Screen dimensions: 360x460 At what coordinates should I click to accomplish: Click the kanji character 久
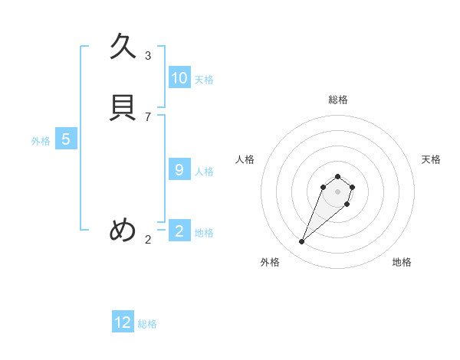tap(123, 47)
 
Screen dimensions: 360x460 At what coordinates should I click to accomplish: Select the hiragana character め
tap(123, 230)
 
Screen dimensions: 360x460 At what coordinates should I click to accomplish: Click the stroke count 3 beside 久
tap(148, 55)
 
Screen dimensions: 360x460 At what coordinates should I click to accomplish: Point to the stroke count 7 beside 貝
tap(148, 116)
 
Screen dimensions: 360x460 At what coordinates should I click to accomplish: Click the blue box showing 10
tap(179, 78)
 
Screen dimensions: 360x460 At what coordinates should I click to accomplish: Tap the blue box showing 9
tap(179, 170)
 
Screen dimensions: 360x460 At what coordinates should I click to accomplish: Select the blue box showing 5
tap(66, 139)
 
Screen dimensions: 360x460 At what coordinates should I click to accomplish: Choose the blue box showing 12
tap(123, 322)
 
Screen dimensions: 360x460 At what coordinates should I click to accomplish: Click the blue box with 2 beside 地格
tap(179, 231)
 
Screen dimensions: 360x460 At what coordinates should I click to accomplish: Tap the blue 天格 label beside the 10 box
tap(204, 80)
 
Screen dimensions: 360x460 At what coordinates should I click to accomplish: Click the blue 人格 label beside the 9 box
tap(204, 172)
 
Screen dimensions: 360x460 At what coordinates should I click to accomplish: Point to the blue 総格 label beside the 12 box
tap(147, 324)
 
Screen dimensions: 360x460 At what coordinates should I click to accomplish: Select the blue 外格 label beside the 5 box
tap(41, 141)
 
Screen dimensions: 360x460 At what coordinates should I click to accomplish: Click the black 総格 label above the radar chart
tap(337, 100)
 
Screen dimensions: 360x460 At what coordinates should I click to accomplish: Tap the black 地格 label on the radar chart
tap(402, 262)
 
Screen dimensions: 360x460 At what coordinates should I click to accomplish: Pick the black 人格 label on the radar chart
tap(245, 159)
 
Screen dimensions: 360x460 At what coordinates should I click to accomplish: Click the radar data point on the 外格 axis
tap(302, 242)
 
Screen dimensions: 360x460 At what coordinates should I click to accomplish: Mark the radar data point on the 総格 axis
tap(337, 174)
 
